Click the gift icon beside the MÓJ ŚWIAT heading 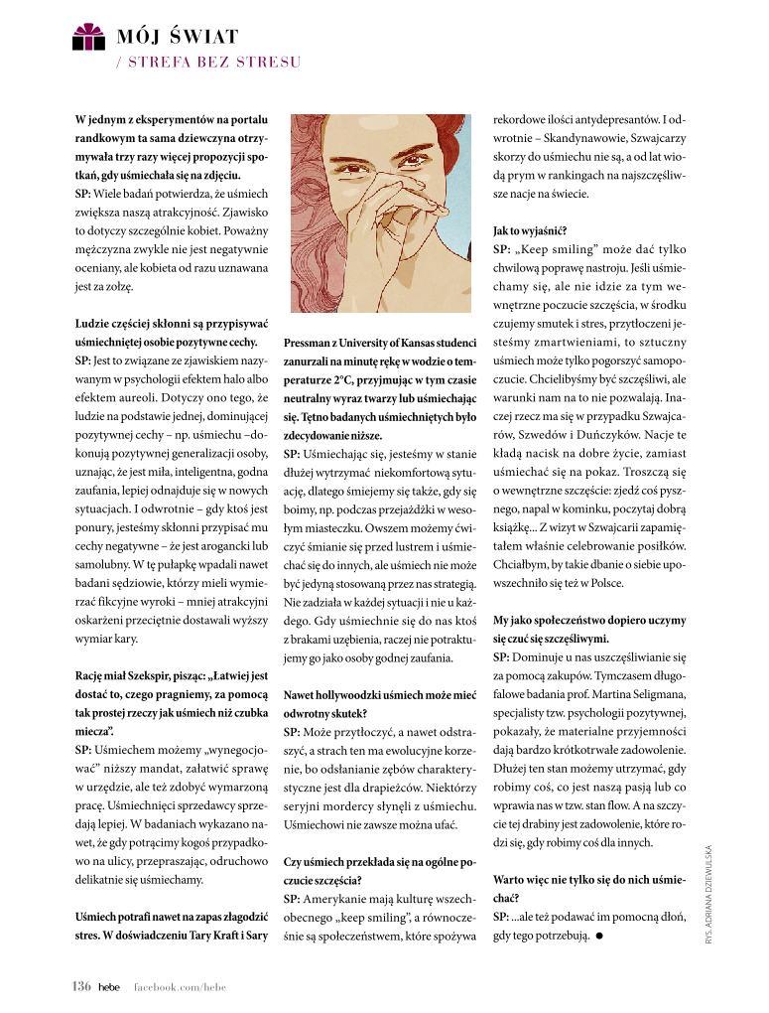point(88,37)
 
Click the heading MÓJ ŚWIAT point(177,37)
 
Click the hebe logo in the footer point(108,986)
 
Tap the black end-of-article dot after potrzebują point(600,936)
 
